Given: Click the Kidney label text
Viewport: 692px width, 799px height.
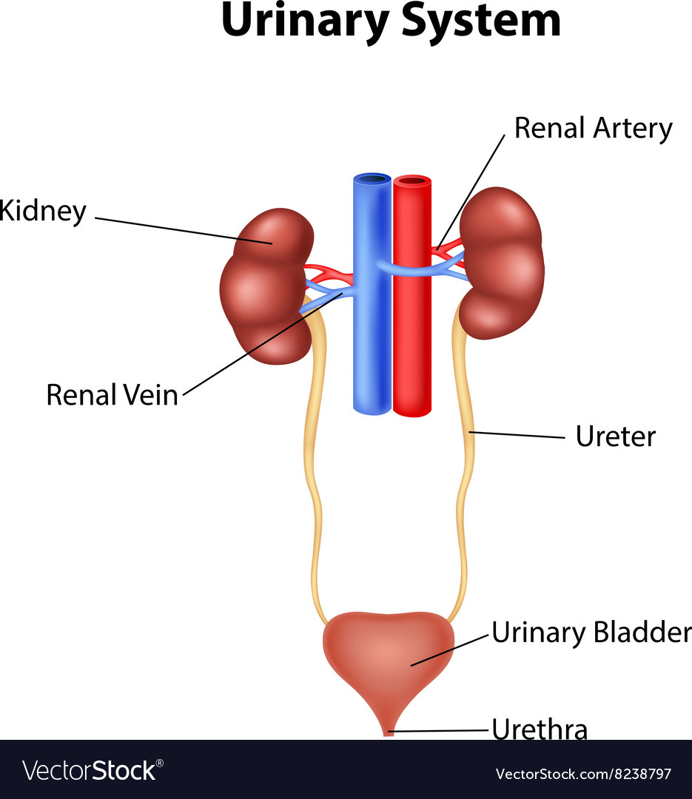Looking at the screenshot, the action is [43, 211].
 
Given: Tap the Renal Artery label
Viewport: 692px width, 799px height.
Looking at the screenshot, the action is [593, 128].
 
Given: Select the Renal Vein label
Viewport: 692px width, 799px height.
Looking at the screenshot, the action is [112, 395].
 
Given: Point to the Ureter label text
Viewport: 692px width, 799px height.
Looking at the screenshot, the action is [616, 436].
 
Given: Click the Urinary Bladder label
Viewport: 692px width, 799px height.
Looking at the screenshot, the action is [591, 633].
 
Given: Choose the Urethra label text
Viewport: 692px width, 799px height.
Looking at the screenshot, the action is [540, 729].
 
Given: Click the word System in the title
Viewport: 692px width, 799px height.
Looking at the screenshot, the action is [481, 21].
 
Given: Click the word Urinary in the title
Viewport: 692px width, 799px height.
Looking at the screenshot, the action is [305, 22].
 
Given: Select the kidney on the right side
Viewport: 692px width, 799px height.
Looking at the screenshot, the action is [502, 263].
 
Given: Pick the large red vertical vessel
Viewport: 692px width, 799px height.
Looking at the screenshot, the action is [412, 296].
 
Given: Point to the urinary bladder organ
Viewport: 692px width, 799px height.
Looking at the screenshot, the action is [389, 662].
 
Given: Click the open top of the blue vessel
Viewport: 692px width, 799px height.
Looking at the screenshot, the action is [372, 179].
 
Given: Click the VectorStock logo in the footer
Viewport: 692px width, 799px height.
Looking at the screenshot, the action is [93, 770].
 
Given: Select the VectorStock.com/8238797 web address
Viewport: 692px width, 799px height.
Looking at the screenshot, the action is [583, 774].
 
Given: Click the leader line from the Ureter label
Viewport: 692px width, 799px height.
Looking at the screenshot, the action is [517, 435].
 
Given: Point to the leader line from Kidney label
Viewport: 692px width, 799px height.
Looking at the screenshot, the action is [184, 231].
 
